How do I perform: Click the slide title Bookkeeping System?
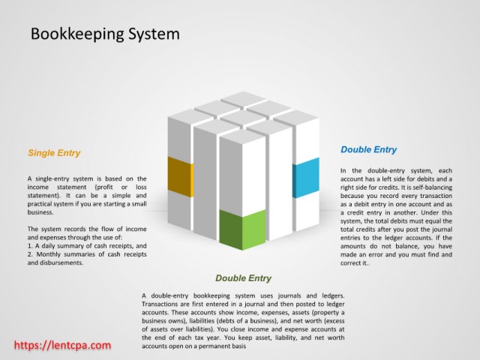(104, 34)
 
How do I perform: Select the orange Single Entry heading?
(53, 153)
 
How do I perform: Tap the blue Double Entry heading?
(368, 149)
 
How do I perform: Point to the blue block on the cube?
(305, 178)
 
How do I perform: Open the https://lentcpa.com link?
(63, 345)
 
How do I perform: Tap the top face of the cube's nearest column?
(242, 136)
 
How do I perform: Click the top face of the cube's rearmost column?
(242, 98)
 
